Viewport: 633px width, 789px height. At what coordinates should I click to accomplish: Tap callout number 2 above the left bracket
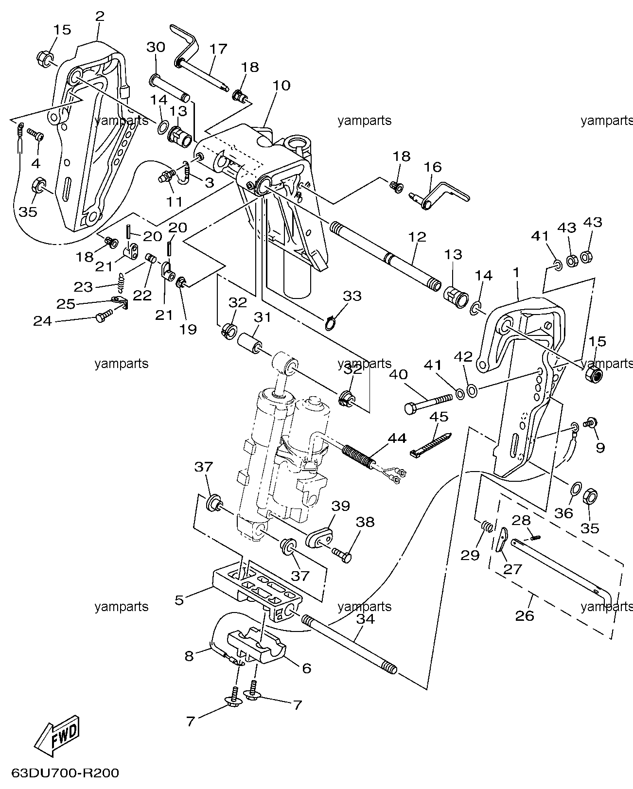(x=99, y=16)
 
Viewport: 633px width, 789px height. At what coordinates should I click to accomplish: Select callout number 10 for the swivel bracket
(x=281, y=86)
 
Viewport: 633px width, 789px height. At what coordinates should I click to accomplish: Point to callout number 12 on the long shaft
(x=417, y=237)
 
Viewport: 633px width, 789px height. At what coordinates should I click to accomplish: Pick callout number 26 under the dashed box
(x=525, y=615)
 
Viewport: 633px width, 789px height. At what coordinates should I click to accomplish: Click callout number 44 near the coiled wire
(x=397, y=438)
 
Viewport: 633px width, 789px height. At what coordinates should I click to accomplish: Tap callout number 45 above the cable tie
(x=439, y=417)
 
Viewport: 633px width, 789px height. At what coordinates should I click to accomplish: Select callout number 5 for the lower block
(x=178, y=600)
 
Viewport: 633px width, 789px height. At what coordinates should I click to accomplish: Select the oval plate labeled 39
(x=319, y=538)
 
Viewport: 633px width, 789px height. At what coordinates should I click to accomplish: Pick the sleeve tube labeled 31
(x=249, y=342)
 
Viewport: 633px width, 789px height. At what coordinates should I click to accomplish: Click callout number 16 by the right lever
(x=433, y=167)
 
